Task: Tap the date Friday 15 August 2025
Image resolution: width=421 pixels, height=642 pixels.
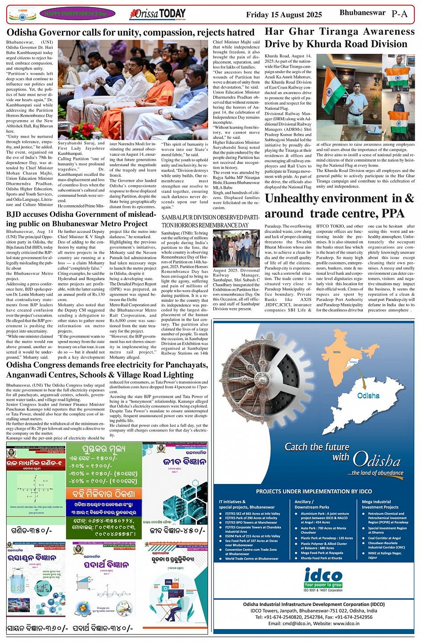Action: coord(284,15)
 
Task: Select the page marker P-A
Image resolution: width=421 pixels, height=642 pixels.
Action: coord(399,14)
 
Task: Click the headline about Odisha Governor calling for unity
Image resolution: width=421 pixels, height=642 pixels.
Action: coord(130,33)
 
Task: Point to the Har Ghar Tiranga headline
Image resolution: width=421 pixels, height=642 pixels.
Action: coord(339,38)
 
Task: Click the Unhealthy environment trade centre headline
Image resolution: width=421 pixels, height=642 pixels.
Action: coord(339,206)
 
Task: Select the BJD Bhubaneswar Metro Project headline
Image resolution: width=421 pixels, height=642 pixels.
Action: coord(81,219)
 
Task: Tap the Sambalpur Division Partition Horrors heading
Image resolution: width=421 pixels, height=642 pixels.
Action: coord(210,221)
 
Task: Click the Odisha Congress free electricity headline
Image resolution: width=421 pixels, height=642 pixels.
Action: coord(107,370)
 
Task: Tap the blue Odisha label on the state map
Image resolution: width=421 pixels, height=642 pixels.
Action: coord(368,395)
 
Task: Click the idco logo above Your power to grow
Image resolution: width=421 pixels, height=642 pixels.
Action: coord(323,576)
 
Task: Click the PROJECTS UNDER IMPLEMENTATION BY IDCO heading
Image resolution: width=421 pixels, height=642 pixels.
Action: coord(314,492)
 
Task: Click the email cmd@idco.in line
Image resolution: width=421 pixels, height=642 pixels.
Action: coord(314,623)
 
